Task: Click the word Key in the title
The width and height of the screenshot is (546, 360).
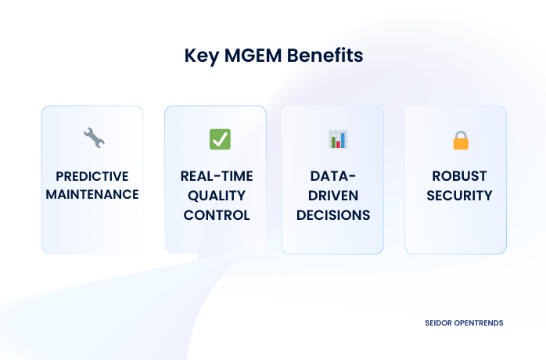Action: pyautogui.click(x=200, y=56)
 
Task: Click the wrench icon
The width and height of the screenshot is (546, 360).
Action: pyautogui.click(x=93, y=139)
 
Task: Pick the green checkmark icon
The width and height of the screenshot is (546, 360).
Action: pyautogui.click(x=220, y=139)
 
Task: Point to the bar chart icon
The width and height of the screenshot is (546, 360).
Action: pyautogui.click(x=338, y=139)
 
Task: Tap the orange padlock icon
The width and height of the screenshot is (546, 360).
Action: pyautogui.click(x=461, y=140)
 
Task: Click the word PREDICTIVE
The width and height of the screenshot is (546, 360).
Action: pyautogui.click(x=92, y=175)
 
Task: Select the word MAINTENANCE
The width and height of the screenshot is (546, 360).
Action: pyautogui.click(x=92, y=195)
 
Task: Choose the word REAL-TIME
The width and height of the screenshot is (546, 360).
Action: pyautogui.click(x=216, y=175)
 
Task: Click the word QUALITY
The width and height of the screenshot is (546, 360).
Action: pyautogui.click(x=216, y=195)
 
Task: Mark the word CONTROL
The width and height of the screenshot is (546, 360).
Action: pyautogui.click(x=216, y=214)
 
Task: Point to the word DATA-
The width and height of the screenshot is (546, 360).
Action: pyautogui.click(x=332, y=175)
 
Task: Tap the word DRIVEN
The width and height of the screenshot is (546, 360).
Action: pyautogui.click(x=332, y=195)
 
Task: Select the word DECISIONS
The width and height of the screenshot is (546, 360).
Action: pyautogui.click(x=332, y=214)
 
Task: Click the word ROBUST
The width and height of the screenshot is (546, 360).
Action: pyautogui.click(x=459, y=175)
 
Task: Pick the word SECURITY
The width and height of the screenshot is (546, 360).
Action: pyautogui.click(x=459, y=195)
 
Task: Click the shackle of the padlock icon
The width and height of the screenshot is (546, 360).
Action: pyautogui.click(x=461, y=134)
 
